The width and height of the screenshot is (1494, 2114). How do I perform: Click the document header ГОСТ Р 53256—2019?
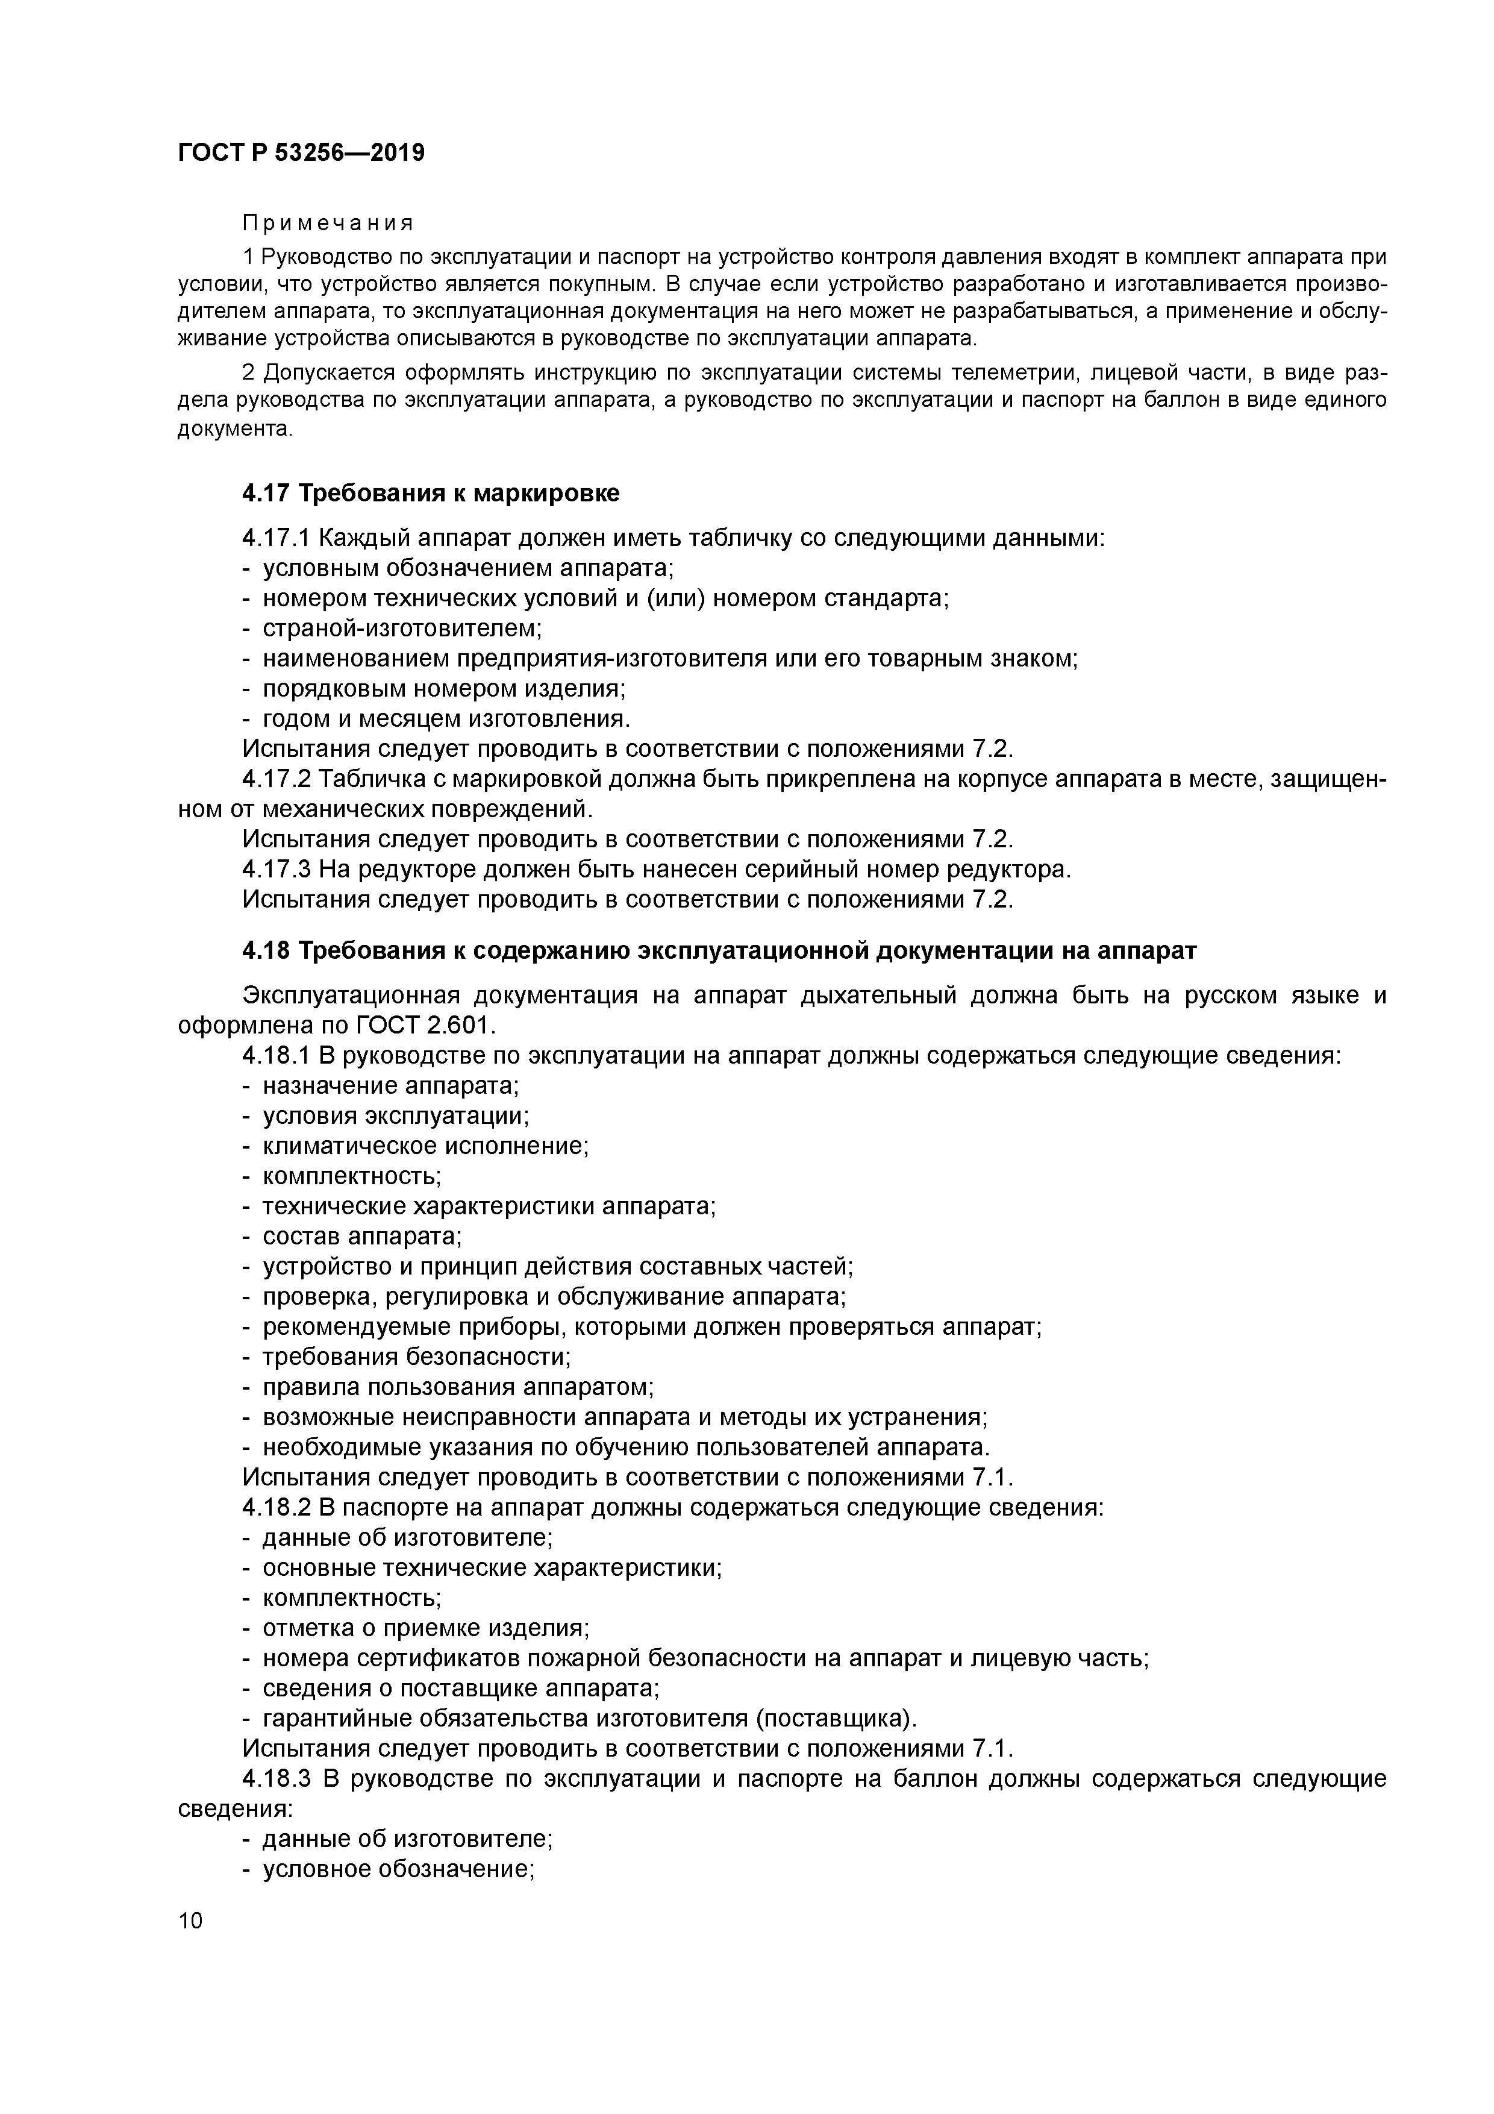coord(301,153)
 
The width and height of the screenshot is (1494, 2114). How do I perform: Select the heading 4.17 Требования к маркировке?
coord(431,494)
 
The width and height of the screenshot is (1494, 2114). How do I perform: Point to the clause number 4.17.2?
coord(277,779)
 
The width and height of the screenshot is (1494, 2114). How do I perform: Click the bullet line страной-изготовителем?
coord(402,629)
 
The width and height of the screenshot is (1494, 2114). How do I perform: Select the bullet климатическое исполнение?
coord(425,1146)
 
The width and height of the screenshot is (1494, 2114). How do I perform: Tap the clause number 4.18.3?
coord(277,1779)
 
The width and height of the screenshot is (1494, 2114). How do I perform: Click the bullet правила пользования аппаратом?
coord(457,1387)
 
